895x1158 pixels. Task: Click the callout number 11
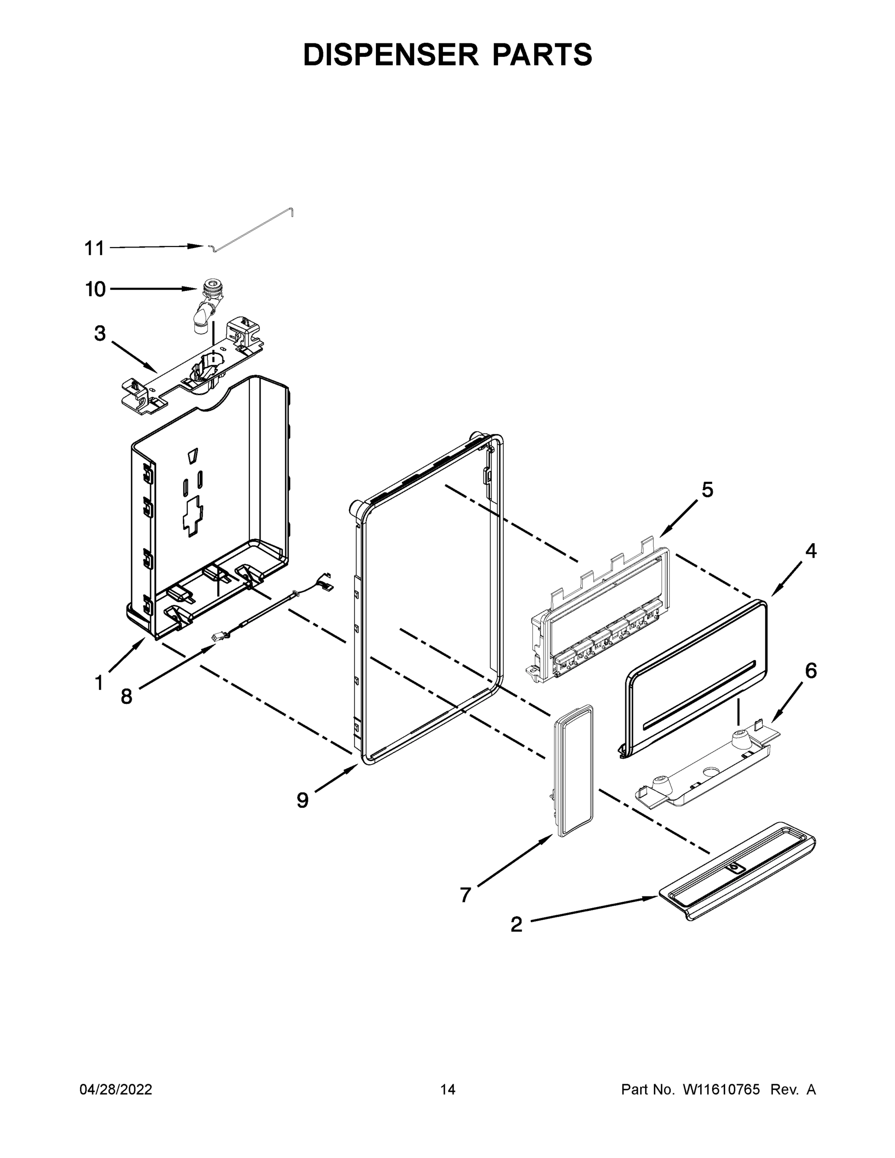point(95,248)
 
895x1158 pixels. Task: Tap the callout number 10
point(96,289)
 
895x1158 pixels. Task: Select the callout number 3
point(100,333)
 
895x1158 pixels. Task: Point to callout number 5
point(707,489)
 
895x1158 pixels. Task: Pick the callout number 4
point(811,551)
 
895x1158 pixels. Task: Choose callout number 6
point(811,671)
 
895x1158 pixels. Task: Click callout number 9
point(302,800)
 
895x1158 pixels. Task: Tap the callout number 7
point(465,895)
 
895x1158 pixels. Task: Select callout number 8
point(126,696)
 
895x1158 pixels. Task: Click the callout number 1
point(98,683)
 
